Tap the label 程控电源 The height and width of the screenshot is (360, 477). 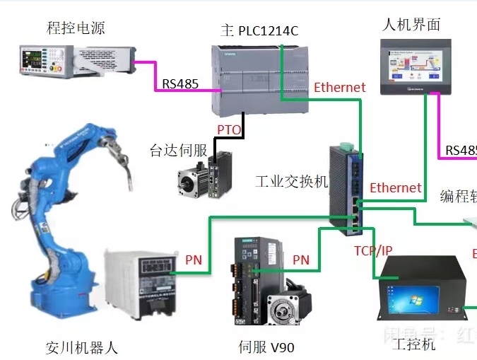click(x=75, y=28)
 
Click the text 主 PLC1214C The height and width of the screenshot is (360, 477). click(x=260, y=30)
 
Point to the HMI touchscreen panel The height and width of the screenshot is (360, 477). click(x=416, y=66)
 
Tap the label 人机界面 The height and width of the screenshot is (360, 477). click(x=411, y=25)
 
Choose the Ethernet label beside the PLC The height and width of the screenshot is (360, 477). click(x=340, y=88)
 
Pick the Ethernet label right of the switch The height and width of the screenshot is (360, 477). click(x=396, y=188)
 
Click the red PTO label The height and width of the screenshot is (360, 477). click(x=229, y=130)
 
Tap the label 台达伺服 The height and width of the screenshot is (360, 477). click(x=178, y=150)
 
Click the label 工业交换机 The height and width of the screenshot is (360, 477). click(x=292, y=182)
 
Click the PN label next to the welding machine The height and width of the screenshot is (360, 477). click(x=194, y=260)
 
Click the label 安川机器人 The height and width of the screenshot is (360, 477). click(x=82, y=347)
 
